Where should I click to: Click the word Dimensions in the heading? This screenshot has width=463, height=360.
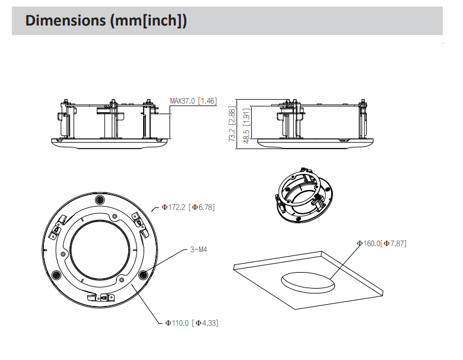(x=65, y=20)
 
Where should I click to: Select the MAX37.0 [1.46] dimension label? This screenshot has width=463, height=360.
(x=194, y=101)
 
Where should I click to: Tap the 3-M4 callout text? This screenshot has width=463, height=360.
(x=198, y=250)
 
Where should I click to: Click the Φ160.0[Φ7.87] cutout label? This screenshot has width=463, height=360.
(x=381, y=244)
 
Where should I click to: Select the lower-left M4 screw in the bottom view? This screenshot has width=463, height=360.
(x=57, y=274)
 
